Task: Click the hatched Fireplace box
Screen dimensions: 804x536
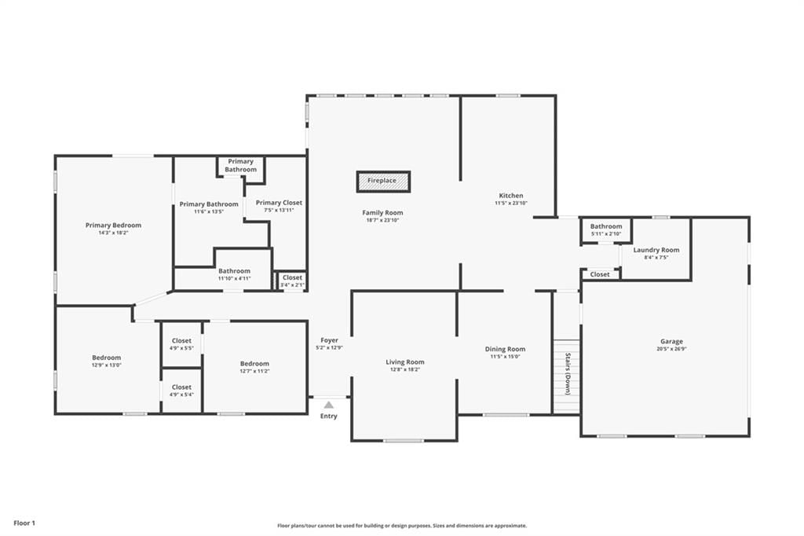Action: [x=383, y=182]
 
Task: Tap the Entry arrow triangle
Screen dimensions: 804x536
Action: [x=329, y=405]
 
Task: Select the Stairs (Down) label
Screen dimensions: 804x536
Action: [x=568, y=374]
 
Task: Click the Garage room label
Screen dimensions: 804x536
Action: [x=671, y=341]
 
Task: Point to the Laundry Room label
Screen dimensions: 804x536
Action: [x=656, y=250]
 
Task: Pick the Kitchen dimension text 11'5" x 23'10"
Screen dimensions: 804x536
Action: [x=510, y=204]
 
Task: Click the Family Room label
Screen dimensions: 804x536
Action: [x=382, y=212]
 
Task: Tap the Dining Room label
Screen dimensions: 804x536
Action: [x=505, y=349]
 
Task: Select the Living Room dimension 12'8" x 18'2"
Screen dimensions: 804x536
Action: [x=404, y=369]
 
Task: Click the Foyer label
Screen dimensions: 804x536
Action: [x=329, y=340]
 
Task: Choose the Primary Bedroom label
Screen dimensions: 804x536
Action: [x=113, y=225]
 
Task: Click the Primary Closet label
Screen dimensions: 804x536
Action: [x=279, y=203]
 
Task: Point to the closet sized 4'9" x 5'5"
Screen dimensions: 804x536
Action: [x=181, y=343]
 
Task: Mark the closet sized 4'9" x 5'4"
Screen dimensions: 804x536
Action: [x=181, y=390]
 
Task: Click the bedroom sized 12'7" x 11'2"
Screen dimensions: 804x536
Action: [x=255, y=366]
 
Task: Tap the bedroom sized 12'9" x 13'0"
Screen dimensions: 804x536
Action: [x=107, y=361]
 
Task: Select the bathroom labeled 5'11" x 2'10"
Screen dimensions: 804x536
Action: [x=605, y=229]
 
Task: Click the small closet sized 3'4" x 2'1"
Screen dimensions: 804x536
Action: [x=292, y=281]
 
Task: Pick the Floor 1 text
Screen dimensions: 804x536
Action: [x=24, y=523]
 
